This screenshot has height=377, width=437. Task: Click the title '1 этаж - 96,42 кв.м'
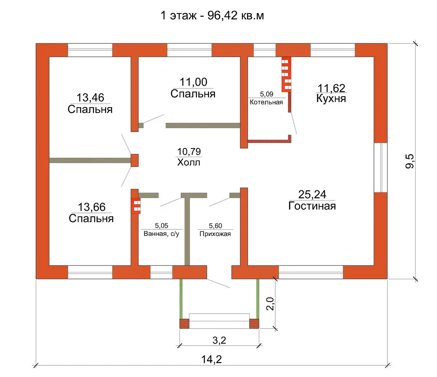click(212, 15)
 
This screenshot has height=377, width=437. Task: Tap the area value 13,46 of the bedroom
click(90, 98)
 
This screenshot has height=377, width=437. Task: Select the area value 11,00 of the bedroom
click(193, 82)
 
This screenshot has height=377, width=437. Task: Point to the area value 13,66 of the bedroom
click(91, 207)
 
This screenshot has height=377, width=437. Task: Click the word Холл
click(189, 162)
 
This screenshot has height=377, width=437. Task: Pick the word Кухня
click(331, 98)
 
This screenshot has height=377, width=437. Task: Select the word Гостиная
click(312, 206)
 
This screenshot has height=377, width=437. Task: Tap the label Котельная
click(266, 102)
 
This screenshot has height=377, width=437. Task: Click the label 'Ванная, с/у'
click(161, 234)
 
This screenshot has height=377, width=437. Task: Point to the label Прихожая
click(215, 234)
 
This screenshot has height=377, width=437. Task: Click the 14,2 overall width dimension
click(212, 359)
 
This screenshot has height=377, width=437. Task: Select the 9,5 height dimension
click(410, 161)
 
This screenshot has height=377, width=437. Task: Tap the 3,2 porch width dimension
click(219, 340)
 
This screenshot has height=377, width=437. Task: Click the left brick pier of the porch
click(184, 324)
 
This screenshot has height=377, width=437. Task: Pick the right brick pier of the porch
click(254, 324)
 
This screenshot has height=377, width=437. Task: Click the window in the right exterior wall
click(381, 167)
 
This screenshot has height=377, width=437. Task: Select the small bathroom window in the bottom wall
click(161, 272)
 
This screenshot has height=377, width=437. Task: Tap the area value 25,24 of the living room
click(312, 194)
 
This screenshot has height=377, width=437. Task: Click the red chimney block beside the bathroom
click(136, 206)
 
